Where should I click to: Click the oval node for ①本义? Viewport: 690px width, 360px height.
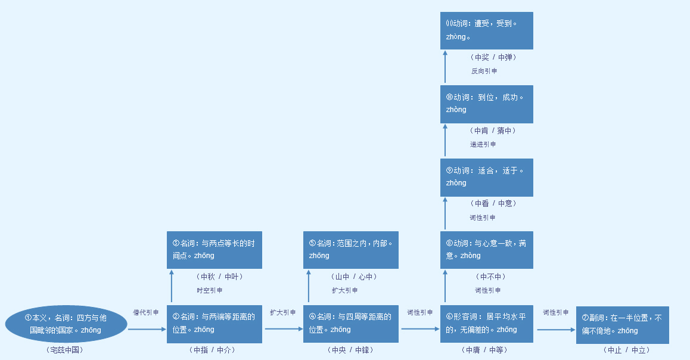pos(66,324)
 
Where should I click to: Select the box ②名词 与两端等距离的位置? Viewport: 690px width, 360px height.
pos(215,324)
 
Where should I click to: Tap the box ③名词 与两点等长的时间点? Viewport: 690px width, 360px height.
pos(215,250)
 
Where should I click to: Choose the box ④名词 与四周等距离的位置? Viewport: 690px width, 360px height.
pos(350,324)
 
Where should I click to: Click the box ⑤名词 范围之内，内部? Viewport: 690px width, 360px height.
pos(350,250)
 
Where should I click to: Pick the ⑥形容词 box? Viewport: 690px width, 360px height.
pos(486,324)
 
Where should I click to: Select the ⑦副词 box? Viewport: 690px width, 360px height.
pos(622,325)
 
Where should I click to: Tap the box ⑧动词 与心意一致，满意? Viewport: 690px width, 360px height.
pos(486,250)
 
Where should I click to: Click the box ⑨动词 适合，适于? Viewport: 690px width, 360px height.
pos(486,177)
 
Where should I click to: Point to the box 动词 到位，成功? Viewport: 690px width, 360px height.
pos(486,104)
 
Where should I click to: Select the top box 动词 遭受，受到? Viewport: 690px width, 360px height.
pos(486,30)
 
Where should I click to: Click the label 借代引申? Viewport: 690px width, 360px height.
pos(145,312)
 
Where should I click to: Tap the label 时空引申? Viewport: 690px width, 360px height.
pos(210,290)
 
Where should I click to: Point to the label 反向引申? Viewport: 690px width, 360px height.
pos(484,71)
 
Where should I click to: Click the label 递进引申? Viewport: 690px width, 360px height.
pos(483,144)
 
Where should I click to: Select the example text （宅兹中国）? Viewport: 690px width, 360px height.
pos(64,350)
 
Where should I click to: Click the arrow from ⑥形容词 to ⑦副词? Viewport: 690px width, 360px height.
pos(555,329)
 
